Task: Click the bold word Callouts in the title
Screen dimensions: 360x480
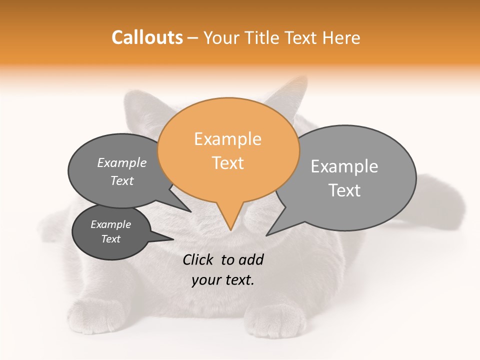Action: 147,37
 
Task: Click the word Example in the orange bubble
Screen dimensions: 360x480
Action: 227,139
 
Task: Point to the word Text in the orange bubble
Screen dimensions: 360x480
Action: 228,163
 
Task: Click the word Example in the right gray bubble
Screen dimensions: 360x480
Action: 344,166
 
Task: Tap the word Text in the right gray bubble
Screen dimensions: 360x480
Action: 344,190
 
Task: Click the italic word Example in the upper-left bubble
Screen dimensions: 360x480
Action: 122,163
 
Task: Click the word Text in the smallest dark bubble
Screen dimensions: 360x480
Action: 111,239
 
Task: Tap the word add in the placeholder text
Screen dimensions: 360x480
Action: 251,259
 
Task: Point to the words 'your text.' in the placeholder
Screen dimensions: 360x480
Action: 223,280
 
